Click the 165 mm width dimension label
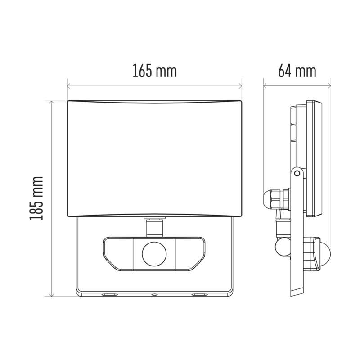pos(154,71)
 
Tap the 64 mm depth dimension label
pos(297,71)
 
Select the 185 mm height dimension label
pos(36,198)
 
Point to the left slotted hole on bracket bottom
pos(108,295)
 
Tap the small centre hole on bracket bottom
pos(154,295)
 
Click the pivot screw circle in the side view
pos(297,173)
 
